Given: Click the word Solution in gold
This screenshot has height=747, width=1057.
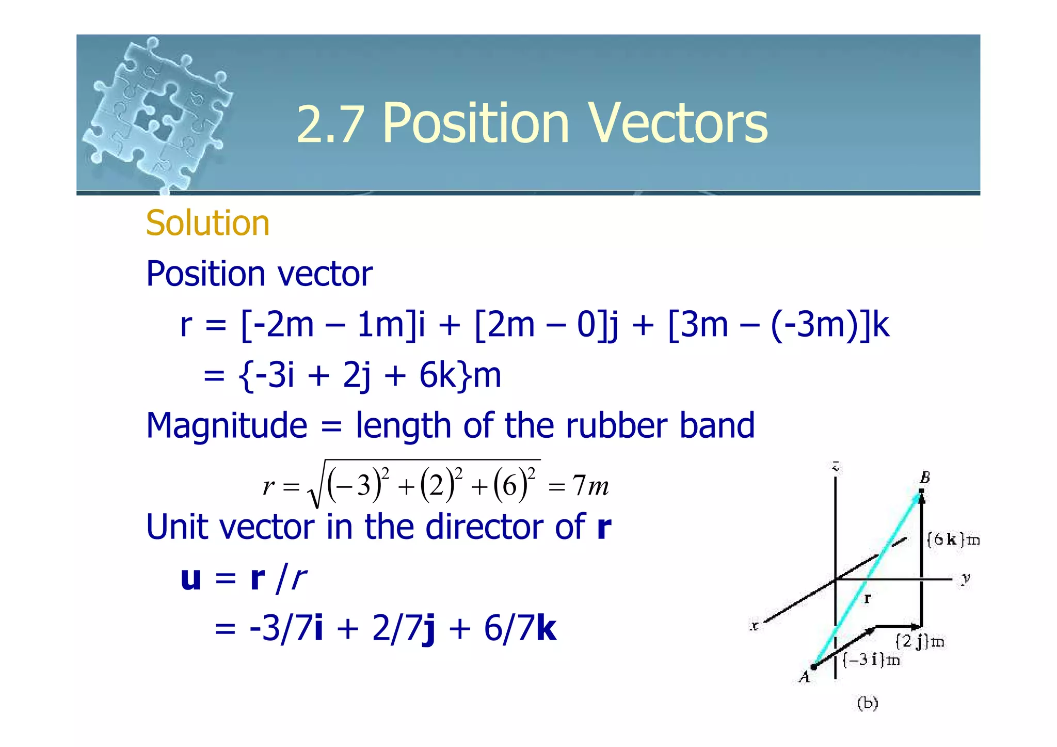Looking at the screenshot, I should pos(207,223).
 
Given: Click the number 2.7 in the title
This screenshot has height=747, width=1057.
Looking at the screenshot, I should pos(330,124).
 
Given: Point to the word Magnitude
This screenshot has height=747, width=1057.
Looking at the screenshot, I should pos(227,425).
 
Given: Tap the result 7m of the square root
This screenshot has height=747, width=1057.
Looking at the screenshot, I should pos(590,486).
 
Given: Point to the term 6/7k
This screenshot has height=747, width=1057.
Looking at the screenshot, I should pos(520,628).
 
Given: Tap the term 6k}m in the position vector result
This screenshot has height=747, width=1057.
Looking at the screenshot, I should pos(459,375).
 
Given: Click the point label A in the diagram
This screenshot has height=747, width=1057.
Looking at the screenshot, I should pos(805,676).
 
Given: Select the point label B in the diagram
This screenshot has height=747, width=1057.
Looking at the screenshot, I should pos(924,478).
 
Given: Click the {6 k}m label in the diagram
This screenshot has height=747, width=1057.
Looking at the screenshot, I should pos(953,539).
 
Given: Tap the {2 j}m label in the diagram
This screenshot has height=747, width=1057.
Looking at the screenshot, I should pos(919,642).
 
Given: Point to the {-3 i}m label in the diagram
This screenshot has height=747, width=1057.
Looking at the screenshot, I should pos(871,660).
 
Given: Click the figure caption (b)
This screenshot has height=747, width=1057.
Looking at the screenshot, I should pos(867,703).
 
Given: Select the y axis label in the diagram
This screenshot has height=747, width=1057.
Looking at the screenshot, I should pos(965,579).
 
